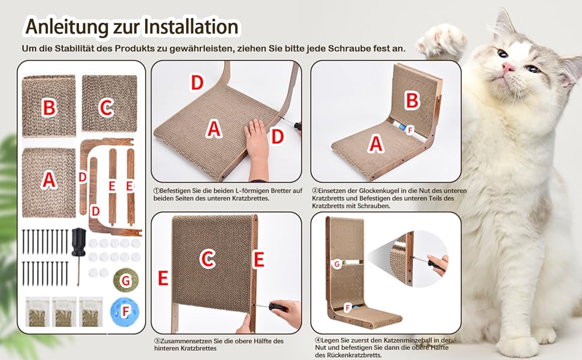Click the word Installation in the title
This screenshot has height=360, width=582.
coord(191,26)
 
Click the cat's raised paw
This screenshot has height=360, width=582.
coord(442,40)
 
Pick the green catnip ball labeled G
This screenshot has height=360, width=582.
coord(126,280)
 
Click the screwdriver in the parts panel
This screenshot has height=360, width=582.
coord(79,256)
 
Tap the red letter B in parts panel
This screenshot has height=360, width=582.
coord(49,107)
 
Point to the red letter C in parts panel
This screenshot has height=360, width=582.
coord(106,108)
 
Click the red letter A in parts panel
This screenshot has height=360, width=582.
coord(49,179)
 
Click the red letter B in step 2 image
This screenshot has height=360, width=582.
coord(412,100)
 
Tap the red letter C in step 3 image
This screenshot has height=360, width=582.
coord(208,259)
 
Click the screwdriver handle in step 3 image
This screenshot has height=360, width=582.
coord(278,307)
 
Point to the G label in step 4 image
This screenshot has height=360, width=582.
coord(337,264)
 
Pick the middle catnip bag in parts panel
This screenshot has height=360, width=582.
coord(64,311)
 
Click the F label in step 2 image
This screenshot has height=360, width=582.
coord(410,130)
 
